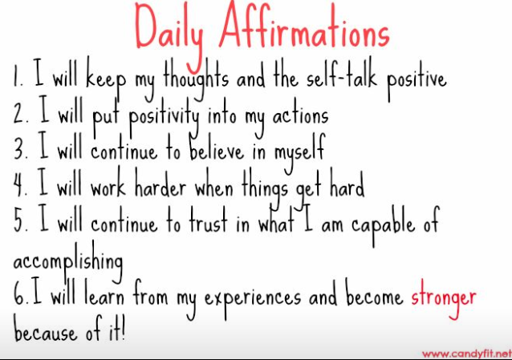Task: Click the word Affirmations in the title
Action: [x=304, y=26]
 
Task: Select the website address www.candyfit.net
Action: [x=467, y=354]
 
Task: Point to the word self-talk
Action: [x=341, y=75]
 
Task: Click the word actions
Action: [x=300, y=115]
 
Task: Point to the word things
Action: [x=265, y=188]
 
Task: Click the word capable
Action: [x=383, y=225]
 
